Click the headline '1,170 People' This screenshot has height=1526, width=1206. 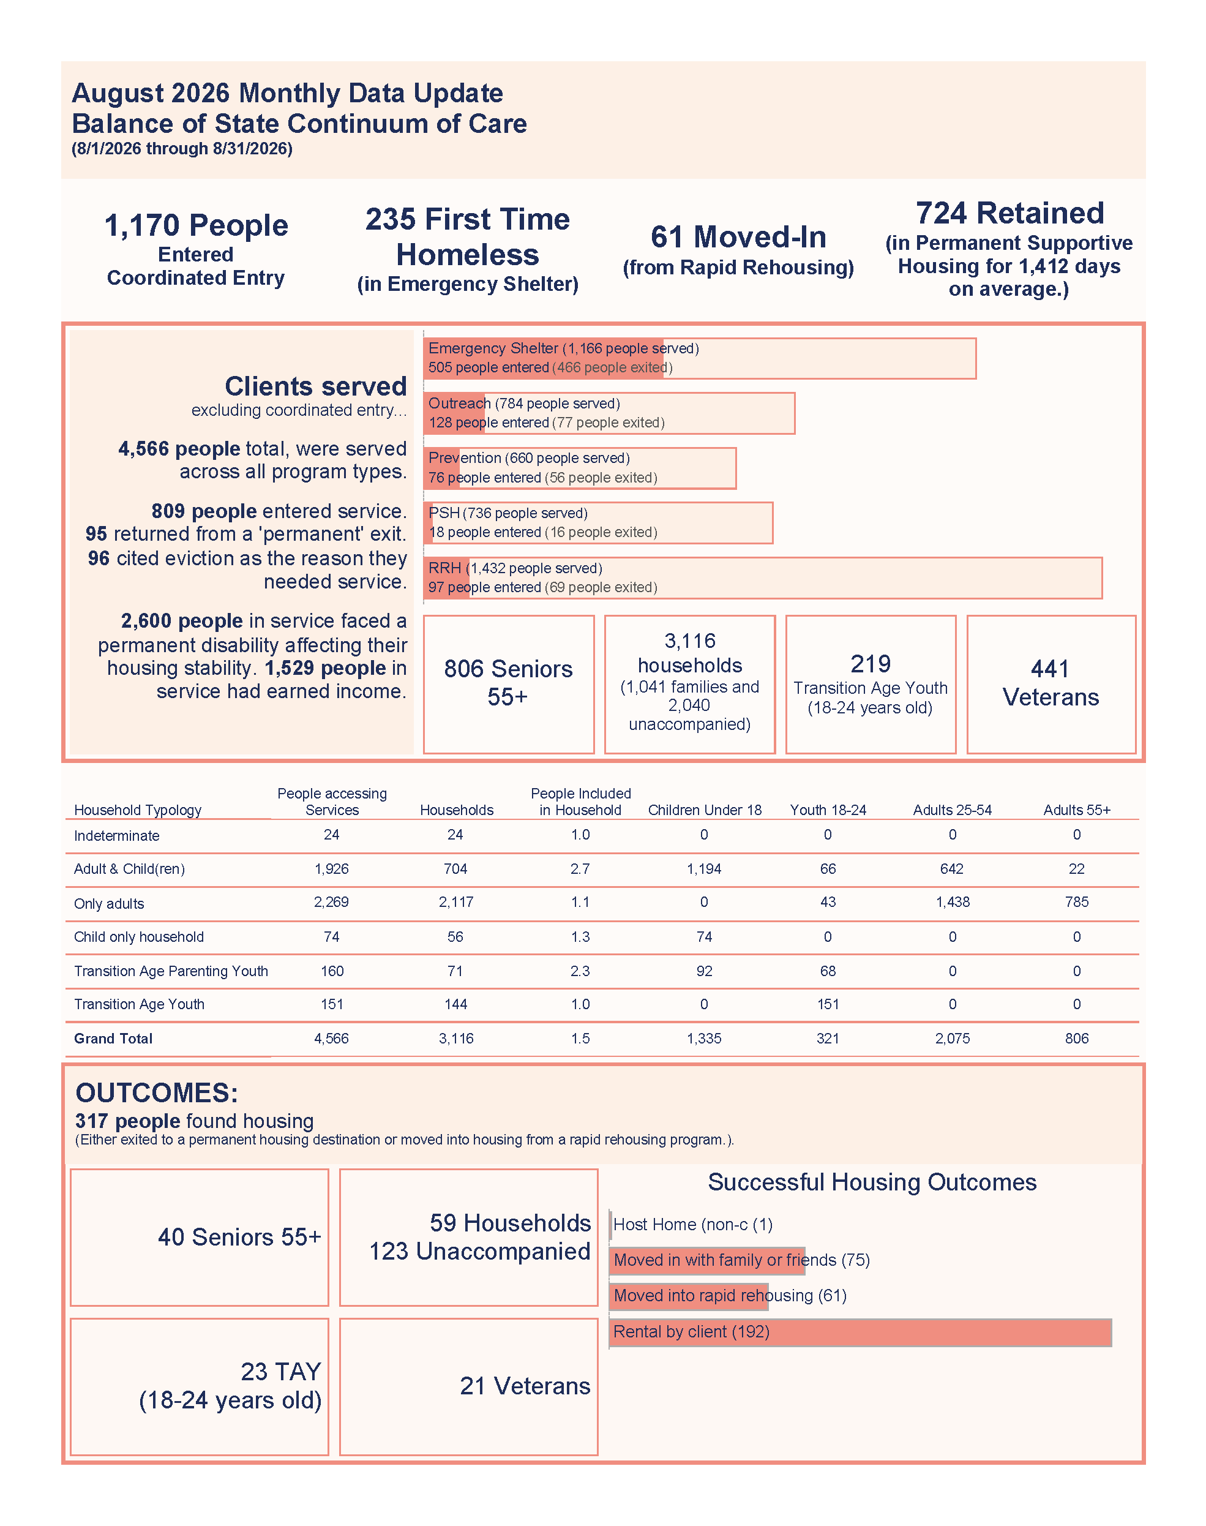[x=197, y=226]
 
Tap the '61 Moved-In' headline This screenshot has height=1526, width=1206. [x=738, y=237]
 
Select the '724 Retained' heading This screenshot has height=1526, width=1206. [x=1009, y=213]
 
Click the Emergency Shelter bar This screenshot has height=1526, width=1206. [x=700, y=358]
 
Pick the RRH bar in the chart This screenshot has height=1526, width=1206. [x=763, y=577]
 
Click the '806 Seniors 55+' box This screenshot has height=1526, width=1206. [x=508, y=684]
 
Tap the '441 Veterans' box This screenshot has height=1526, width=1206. [x=1051, y=684]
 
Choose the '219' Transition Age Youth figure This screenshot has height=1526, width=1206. [x=871, y=664]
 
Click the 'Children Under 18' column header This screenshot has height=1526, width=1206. [x=705, y=810]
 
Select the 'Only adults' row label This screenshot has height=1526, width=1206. [x=109, y=903]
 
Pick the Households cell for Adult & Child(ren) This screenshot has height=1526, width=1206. [x=455, y=868]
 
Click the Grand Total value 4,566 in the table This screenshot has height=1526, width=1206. [x=331, y=1038]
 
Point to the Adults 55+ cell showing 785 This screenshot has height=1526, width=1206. [x=1077, y=902]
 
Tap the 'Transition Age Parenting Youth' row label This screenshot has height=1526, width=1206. [x=171, y=971]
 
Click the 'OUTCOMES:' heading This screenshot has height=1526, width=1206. [x=157, y=1092]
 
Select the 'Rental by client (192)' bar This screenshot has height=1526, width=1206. [x=860, y=1332]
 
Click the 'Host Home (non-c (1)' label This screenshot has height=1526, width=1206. [x=692, y=1225]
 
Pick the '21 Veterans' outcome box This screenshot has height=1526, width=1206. [x=468, y=1386]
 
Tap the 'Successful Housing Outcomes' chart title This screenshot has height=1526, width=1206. [x=872, y=1182]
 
